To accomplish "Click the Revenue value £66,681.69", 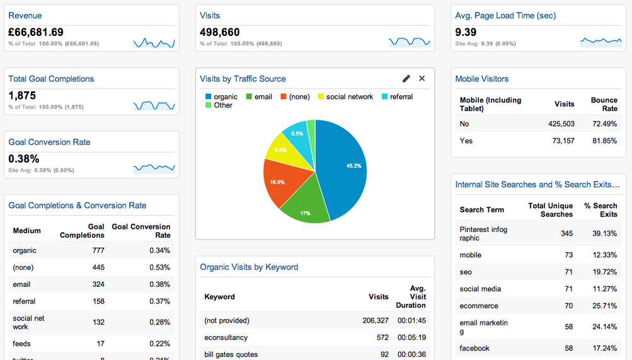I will click(x=36, y=32).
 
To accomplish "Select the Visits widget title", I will click(x=210, y=15).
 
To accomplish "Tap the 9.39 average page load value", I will click(x=466, y=32).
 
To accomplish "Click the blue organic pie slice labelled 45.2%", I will click(x=343, y=167).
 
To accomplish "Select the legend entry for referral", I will click(x=401, y=96).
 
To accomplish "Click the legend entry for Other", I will click(x=223, y=105).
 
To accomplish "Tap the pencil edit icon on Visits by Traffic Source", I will click(x=406, y=79).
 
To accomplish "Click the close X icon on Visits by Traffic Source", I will click(x=422, y=79).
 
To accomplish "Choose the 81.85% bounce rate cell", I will click(x=604, y=141).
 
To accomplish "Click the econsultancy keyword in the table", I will click(x=226, y=337).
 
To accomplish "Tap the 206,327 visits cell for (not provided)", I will click(x=375, y=320).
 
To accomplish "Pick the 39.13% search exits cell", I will click(x=604, y=233).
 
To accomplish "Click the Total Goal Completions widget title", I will click(x=51, y=79).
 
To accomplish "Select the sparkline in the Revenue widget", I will click(x=154, y=43).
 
